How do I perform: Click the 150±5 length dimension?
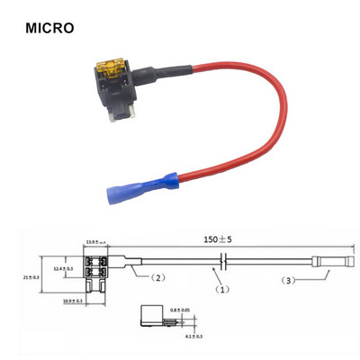click(x=216, y=242)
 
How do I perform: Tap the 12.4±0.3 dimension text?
click(x=63, y=268)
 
